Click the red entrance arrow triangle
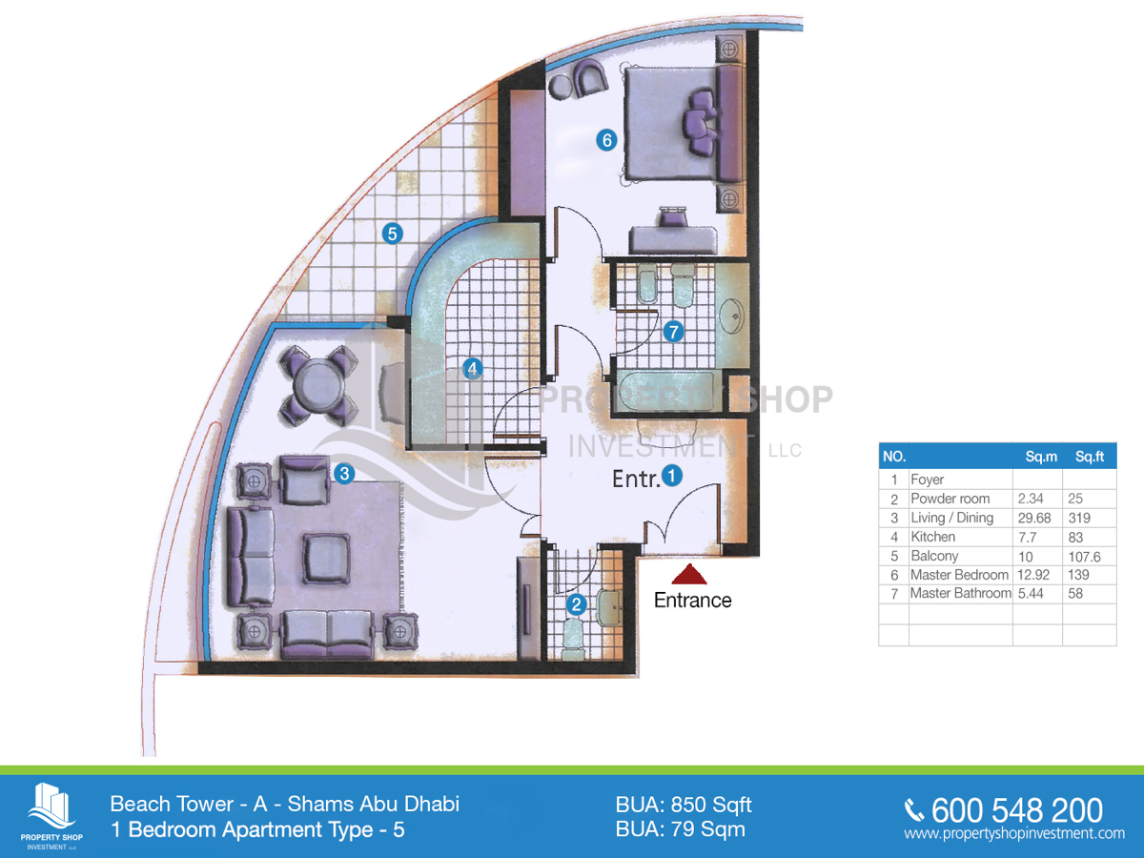tap(689, 574)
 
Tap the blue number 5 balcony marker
tap(393, 234)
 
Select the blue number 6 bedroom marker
tap(606, 140)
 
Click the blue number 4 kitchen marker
tap(472, 369)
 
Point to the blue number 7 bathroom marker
tap(673, 332)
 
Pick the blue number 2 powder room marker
tap(577, 604)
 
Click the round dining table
tap(317, 386)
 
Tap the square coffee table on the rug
tap(327, 558)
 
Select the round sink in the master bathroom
tap(732, 316)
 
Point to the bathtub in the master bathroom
tap(665, 392)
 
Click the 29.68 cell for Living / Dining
tap(1034, 518)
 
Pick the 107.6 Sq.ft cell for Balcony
tap(1084, 557)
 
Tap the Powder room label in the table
tap(950, 499)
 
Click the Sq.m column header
tap(1041, 457)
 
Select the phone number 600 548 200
tap(1016, 810)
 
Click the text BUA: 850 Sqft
tap(684, 805)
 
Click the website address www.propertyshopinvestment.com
tap(1014, 833)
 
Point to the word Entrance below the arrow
tap(693, 601)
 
